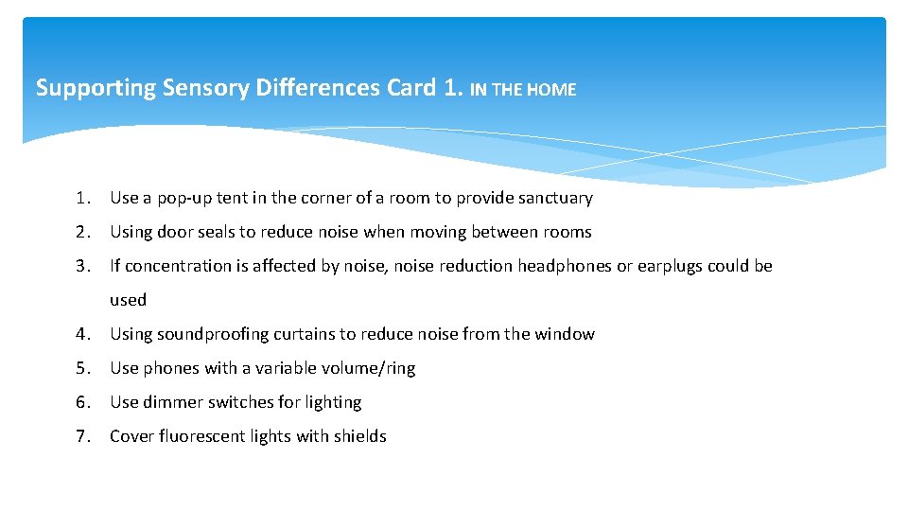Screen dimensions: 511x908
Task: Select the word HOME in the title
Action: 551,90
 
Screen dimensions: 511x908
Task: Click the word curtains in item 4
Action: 304,334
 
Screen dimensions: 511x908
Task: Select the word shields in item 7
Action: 359,437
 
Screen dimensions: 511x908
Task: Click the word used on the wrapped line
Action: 128,301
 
